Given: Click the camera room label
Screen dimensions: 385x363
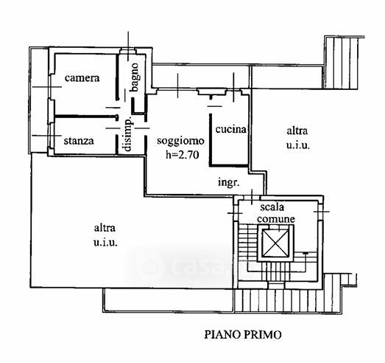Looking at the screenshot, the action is click(x=82, y=78).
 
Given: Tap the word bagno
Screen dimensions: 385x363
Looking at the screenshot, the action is click(x=135, y=77).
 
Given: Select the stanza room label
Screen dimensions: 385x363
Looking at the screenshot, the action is click(x=79, y=141).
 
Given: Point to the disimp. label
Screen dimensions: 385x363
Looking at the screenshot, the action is click(x=128, y=134).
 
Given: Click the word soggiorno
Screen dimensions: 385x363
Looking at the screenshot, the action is click(x=180, y=141).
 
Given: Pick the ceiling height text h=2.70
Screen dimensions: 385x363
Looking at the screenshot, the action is click(x=182, y=155).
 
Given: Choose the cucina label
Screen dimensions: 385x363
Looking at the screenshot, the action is click(x=231, y=129).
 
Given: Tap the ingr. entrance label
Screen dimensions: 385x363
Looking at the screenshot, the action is click(x=229, y=183).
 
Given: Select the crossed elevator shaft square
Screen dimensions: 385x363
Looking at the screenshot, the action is click(x=275, y=243).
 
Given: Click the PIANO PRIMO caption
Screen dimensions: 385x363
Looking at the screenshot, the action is click(x=243, y=335).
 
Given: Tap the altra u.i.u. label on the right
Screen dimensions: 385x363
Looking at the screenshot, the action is click(x=297, y=138).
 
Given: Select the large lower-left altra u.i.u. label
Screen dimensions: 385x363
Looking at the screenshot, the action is click(x=105, y=235).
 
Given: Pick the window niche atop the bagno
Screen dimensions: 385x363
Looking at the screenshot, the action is click(x=127, y=52).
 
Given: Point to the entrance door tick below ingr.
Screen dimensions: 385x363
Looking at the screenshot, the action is click(x=252, y=197).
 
